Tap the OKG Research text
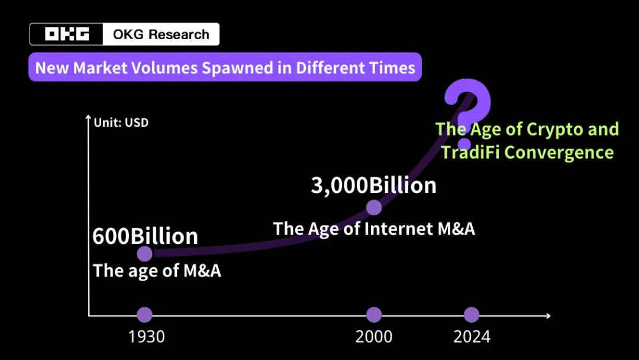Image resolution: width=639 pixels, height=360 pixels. point(161,34)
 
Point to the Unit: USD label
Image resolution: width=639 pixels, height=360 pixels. point(121,123)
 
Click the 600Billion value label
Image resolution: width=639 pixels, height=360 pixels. point(145,236)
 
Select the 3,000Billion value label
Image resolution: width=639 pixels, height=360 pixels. point(373,185)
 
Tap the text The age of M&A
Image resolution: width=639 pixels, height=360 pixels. point(157,271)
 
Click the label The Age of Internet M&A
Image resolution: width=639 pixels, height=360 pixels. point(374,229)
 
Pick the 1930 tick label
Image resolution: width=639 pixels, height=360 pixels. point(146,337)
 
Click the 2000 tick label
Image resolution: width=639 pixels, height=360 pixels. point(373,337)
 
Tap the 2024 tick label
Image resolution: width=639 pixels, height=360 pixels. point(472,337)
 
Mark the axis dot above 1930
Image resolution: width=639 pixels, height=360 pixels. point(145,315)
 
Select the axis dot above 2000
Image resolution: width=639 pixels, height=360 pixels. point(373,315)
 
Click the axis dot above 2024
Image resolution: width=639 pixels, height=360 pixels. point(471,315)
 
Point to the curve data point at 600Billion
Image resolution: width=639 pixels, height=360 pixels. point(145,254)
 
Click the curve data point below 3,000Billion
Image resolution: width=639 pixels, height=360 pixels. point(373,207)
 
